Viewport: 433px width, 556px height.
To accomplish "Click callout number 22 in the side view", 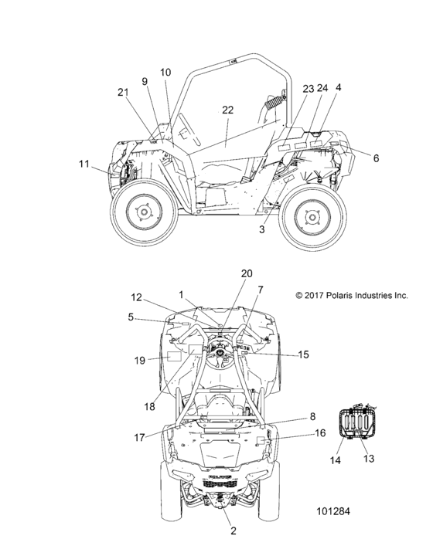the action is [x=227, y=110].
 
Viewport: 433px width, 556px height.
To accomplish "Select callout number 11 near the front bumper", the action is [x=84, y=164].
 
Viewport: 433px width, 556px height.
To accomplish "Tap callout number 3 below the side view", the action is [x=261, y=229].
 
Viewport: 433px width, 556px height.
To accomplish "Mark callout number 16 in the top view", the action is [x=320, y=433].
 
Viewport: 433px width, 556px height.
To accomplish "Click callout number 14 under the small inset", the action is [x=335, y=460].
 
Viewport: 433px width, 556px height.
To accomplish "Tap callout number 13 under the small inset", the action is [x=369, y=459].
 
